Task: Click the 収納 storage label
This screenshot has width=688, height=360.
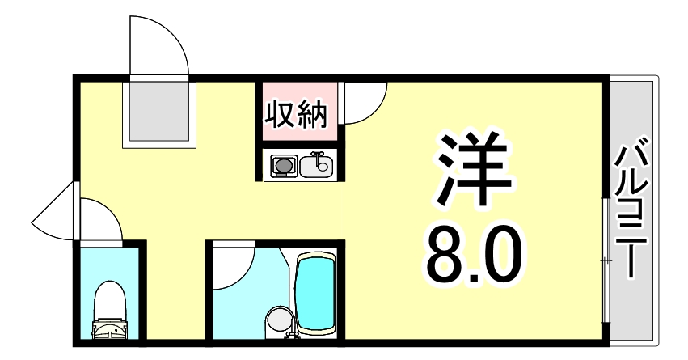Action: click(x=297, y=114)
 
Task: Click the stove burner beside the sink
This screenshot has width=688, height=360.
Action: click(x=282, y=167)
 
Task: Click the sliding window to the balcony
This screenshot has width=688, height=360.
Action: click(x=606, y=259)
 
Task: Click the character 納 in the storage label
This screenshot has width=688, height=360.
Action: click(x=313, y=114)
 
